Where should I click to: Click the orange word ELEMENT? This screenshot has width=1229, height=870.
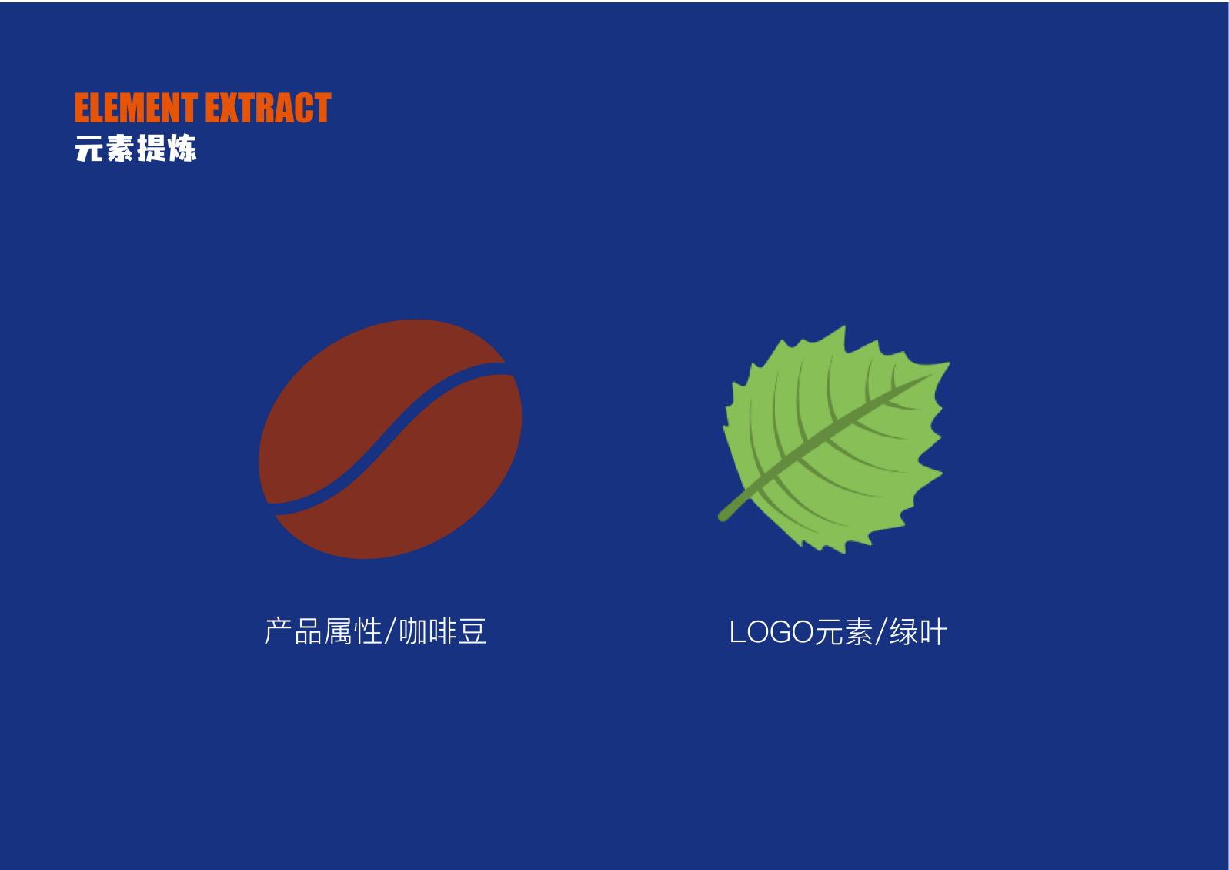(136, 108)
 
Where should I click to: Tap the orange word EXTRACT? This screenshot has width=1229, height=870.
(269, 108)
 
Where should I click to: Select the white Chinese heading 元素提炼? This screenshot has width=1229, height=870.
(135, 148)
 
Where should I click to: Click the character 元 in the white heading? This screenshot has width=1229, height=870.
(89, 148)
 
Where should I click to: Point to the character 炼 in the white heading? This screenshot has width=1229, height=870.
(182, 148)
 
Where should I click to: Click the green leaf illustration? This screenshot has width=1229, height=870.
(834, 439)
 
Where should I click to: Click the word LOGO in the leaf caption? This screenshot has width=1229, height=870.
(771, 632)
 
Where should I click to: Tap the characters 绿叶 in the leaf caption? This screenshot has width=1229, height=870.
(918, 632)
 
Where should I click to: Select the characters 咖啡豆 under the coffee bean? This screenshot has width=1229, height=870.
(443, 631)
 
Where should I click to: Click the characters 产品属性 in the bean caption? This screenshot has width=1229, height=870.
(322, 631)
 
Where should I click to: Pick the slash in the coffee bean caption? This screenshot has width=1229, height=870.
(389, 631)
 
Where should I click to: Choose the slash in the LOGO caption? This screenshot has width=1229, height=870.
(880, 632)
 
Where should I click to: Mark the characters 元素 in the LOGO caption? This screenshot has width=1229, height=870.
(843, 632)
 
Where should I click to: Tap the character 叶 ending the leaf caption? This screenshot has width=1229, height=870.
(933, 632)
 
